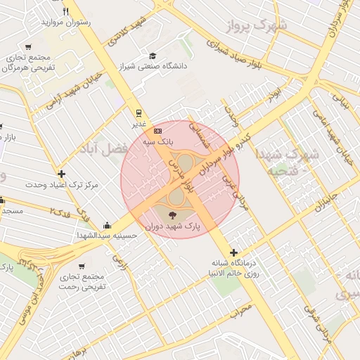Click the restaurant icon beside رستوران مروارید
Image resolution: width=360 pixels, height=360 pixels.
point(66,11)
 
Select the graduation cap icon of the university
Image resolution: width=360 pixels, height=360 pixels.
point(153,56)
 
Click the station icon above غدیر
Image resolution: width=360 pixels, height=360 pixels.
point(139,112)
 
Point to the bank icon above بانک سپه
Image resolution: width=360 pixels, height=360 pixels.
point(158,131)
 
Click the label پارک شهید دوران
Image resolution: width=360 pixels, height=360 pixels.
point(173,228)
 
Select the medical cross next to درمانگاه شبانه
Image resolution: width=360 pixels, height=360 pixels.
point(233,252)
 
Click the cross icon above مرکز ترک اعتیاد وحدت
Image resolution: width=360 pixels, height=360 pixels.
point(62,174)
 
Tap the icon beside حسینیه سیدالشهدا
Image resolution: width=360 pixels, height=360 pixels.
point(106,225)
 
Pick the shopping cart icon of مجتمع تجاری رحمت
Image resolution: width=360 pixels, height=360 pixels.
point(82,266)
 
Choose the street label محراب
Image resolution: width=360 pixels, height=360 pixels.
point(240,310)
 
